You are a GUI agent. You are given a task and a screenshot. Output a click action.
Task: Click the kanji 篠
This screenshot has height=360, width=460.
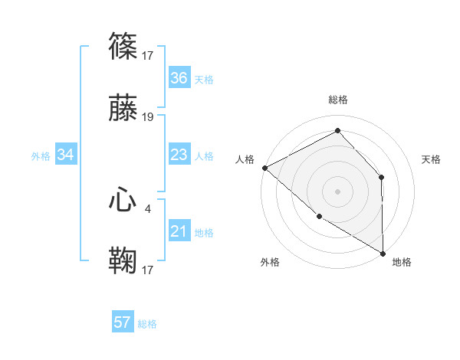click(x=123, y=47)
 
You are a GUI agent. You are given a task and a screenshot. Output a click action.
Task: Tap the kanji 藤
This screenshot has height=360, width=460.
click(x=123, y=110)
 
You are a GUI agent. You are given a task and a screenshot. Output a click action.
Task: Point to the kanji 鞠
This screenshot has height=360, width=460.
click(x=123, y=260)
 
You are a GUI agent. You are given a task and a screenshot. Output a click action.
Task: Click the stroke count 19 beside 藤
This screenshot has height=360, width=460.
click(x=148, y=117)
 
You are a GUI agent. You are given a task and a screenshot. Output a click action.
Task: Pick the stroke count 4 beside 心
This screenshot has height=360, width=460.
click(x=148, y=208)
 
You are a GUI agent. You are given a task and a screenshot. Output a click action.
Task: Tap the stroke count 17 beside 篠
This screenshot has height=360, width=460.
click(x=148, y=55)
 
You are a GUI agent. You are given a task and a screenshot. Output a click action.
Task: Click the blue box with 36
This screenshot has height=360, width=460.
click(x=179, y=78)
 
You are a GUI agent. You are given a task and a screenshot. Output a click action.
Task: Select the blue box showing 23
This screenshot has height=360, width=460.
click(x=179, y=155)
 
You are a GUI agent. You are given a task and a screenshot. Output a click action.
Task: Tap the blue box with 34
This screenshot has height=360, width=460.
click(x=65, y=155)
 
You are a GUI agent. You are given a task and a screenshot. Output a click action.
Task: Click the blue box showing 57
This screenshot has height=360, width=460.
click(x=123, y=322)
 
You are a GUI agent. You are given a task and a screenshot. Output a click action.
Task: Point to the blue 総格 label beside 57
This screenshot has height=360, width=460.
click(x=147, y=324)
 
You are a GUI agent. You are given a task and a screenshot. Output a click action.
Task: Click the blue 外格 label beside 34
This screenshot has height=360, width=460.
click(x=41, y=156)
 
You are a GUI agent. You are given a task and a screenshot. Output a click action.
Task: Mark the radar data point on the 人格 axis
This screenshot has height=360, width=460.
click(x=264, y=167)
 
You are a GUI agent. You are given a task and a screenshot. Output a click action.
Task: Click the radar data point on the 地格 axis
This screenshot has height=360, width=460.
click(x=383, y=252)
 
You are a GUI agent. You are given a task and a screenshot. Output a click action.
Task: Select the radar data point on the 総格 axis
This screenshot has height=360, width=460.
click(x=337, y=130)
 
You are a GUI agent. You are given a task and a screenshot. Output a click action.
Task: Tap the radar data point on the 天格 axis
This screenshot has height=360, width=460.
click(x=382, y=178)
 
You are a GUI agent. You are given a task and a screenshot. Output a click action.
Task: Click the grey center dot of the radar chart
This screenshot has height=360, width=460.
click(x=337, y=191)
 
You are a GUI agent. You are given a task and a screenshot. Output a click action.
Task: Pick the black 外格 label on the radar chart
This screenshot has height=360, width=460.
click(x=270, y=262)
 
